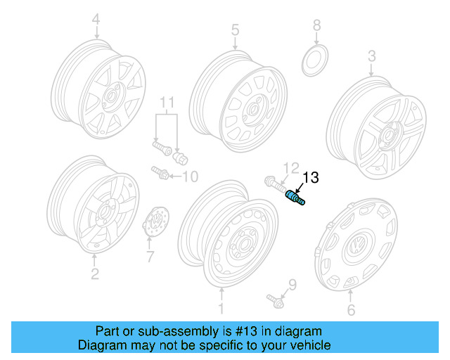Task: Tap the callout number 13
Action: (x=310, y=179)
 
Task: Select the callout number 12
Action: (x=288, y=167)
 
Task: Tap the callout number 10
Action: (x=190, y=175)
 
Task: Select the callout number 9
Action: (x=292, y=285)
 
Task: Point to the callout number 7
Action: (x=149, y=257)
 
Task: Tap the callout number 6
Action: (x=352, y=310)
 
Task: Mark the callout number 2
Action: (x=94, y=272)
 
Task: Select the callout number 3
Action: (x=372, y=56)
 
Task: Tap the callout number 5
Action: (x=235, y=30)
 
